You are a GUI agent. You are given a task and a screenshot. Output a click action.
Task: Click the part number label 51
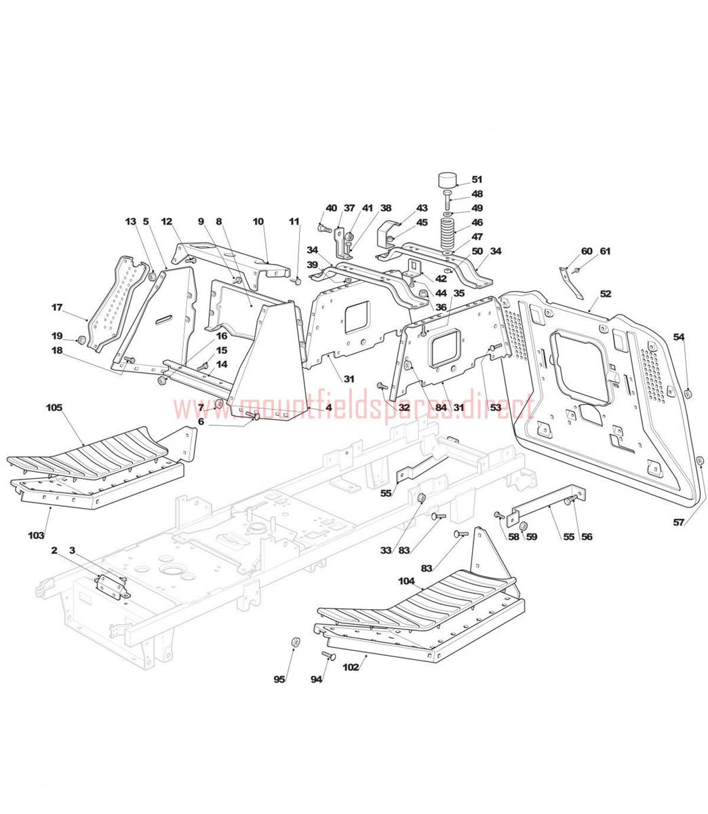click(477, 180)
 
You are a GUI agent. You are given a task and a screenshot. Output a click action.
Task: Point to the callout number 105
click(54, 408)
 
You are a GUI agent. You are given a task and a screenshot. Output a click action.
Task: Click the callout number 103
click(36, 535)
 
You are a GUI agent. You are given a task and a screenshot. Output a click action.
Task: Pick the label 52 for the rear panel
click(605, 294)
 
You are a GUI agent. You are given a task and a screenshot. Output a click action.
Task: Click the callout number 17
click(57, 307)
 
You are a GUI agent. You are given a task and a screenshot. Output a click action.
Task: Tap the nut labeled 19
click(81, 340)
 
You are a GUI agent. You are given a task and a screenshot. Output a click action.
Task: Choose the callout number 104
click(406, 581)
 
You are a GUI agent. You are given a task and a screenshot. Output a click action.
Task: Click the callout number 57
click(678, 522)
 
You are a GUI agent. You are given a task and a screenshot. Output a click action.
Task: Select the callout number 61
click(605, 251)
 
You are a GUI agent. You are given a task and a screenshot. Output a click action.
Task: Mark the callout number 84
click(441, 408)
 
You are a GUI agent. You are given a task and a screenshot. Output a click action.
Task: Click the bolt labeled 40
click(325, 229)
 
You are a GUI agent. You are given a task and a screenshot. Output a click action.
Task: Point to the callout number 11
click(294, 221)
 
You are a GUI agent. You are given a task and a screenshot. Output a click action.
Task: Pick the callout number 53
click(495, 408)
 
